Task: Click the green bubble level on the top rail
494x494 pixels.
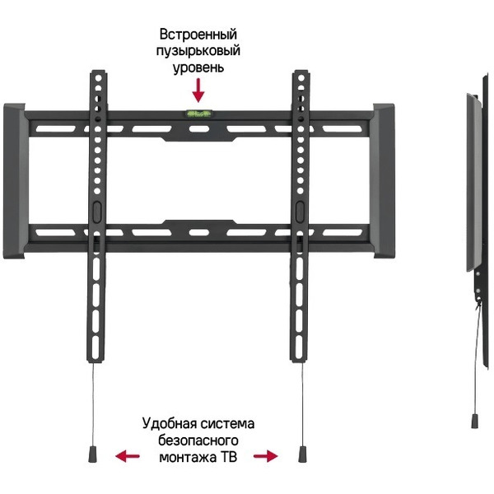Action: tap(199, 114)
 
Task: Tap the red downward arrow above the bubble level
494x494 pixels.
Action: tap(198, 91)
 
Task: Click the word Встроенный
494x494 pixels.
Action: tap(198, 34)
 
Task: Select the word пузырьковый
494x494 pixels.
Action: tap(198, 51)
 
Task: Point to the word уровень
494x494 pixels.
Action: tap(198, 68)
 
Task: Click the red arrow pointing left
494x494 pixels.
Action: tap(128, 456)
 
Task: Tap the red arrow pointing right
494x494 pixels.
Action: tap(266, 456)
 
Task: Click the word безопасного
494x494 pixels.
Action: tap(198, 440)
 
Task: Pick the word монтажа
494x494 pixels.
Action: tap(188, 457)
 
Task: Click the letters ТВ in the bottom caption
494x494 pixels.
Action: tap(229, 457)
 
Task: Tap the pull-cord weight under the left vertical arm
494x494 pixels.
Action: tap(93, 454)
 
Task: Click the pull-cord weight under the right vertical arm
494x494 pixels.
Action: tap(302, 454)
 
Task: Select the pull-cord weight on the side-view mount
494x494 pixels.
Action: tap(475, 421)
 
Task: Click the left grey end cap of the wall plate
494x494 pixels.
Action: tap(15, 181)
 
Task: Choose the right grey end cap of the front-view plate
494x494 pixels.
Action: tap(384, 181)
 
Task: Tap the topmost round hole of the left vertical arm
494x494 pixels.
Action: tap(99, 78)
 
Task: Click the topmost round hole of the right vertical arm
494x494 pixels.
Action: tap(301, 77)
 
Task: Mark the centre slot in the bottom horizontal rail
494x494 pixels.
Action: tap(199, 232)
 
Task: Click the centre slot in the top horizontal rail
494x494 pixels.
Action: tap(199, 129)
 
